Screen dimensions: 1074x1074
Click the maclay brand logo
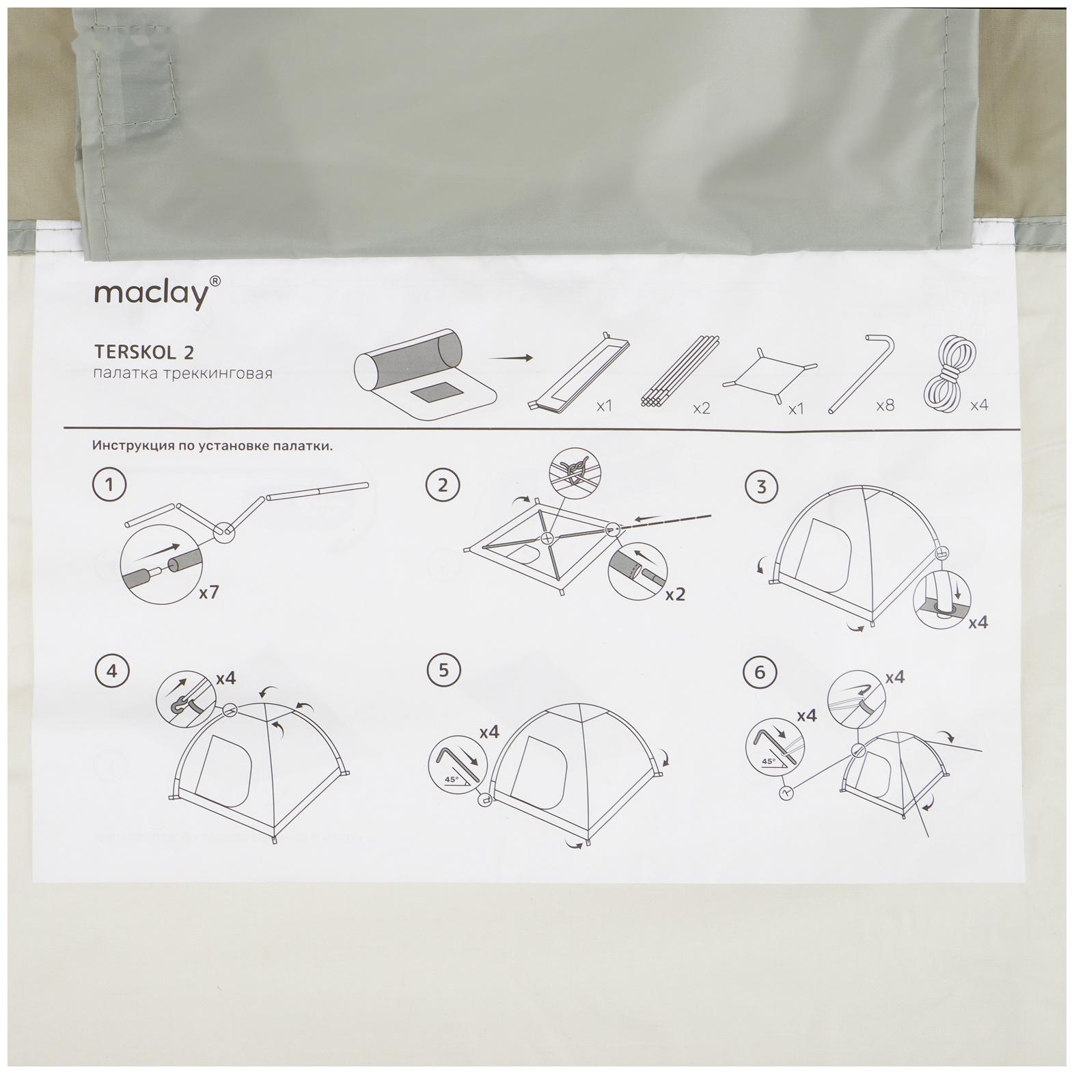coord(156,293)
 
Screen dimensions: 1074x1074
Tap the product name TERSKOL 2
coord(143,352)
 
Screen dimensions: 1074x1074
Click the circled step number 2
coord(443,486)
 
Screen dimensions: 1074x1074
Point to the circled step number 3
coord(761,487)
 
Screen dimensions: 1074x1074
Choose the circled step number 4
coord(111,671)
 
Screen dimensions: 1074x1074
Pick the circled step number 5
coord(443,670)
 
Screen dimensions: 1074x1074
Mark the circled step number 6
coord(760,672)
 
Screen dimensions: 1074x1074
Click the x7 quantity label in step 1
coord(208,592)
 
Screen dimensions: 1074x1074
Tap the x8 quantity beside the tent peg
coord(885,406)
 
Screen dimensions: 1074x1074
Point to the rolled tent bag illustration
coord(424,372)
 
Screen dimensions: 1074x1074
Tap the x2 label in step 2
coord(675,594)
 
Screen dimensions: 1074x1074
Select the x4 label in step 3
coord(978,622)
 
